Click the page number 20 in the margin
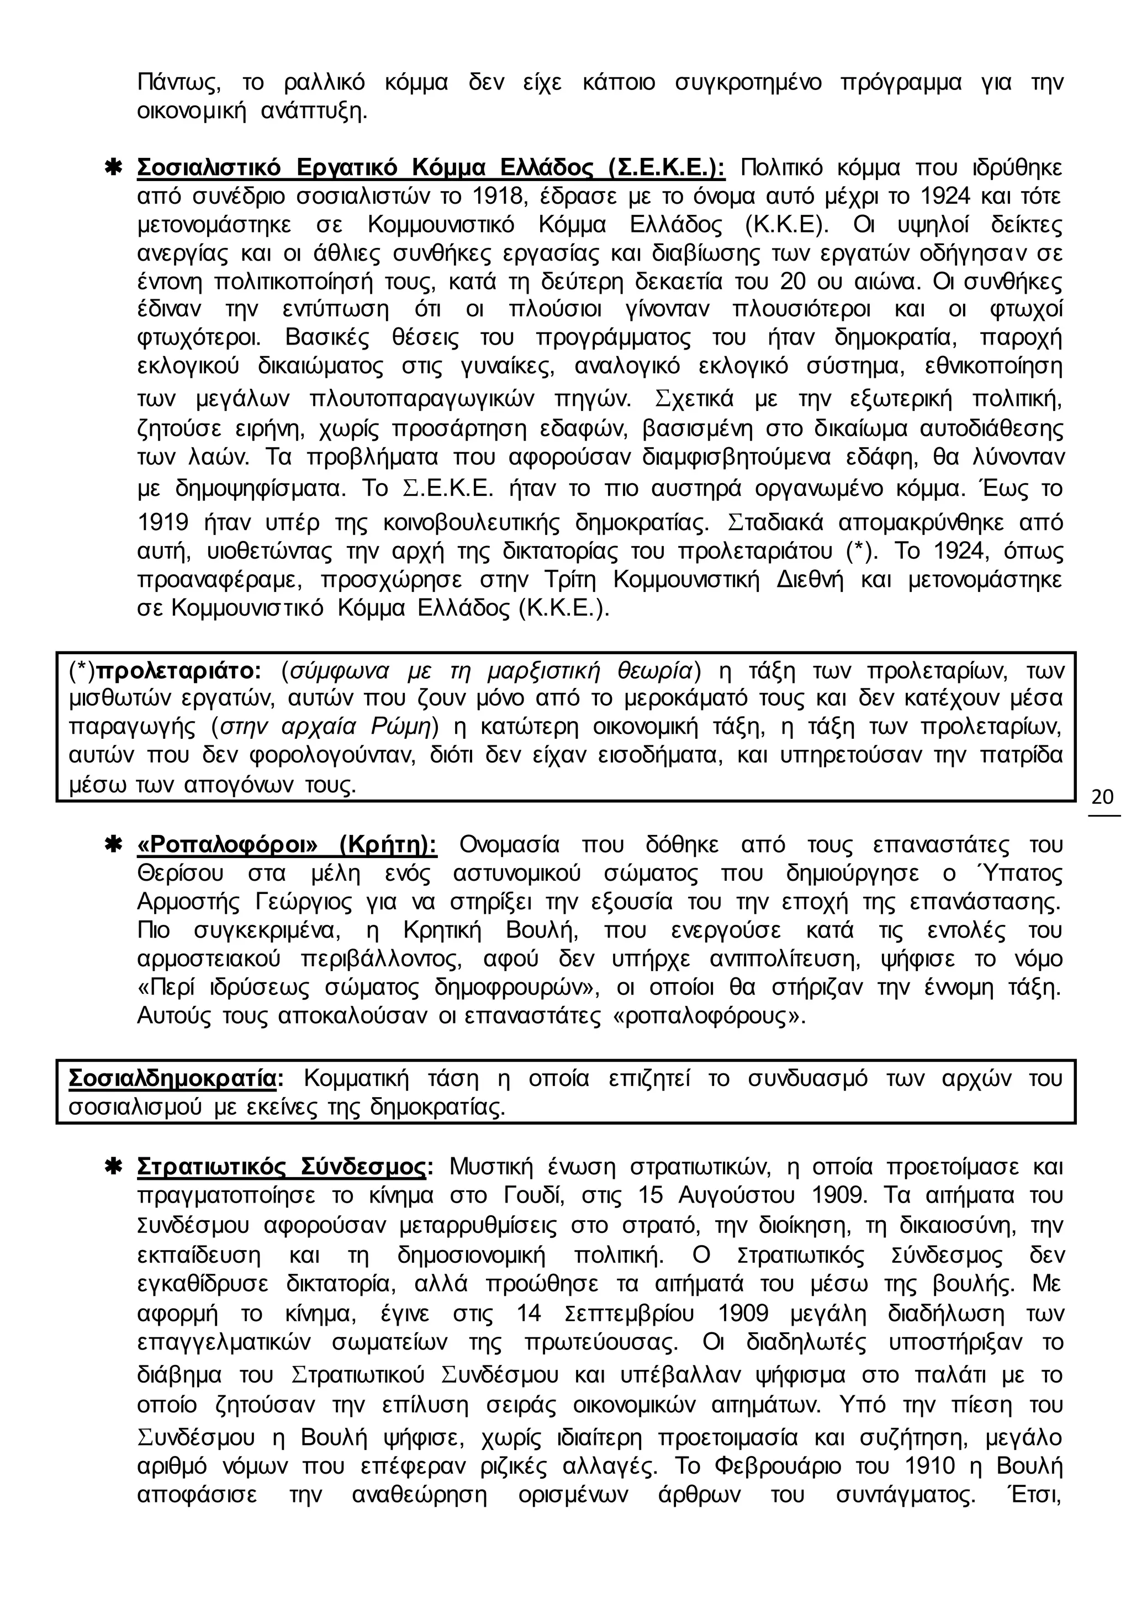coord(1102,797)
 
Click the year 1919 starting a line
coord(165,522)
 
